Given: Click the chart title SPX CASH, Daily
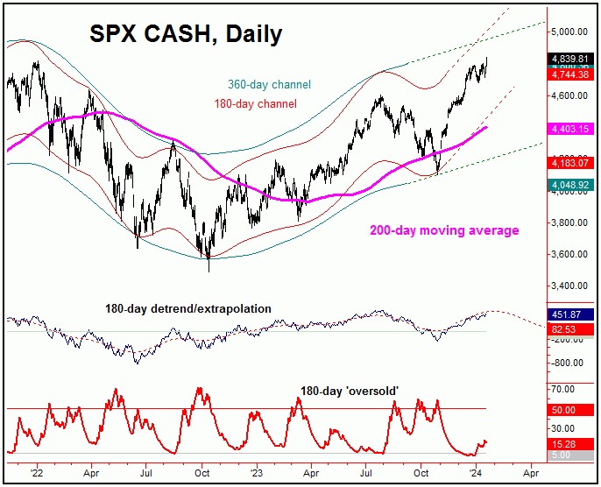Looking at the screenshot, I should [186, 34].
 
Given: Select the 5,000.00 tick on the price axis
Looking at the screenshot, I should [569, 32].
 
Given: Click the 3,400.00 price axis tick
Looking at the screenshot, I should [569, 286].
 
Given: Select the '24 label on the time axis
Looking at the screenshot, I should [475, 471].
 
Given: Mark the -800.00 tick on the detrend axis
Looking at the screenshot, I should [569, 363].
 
